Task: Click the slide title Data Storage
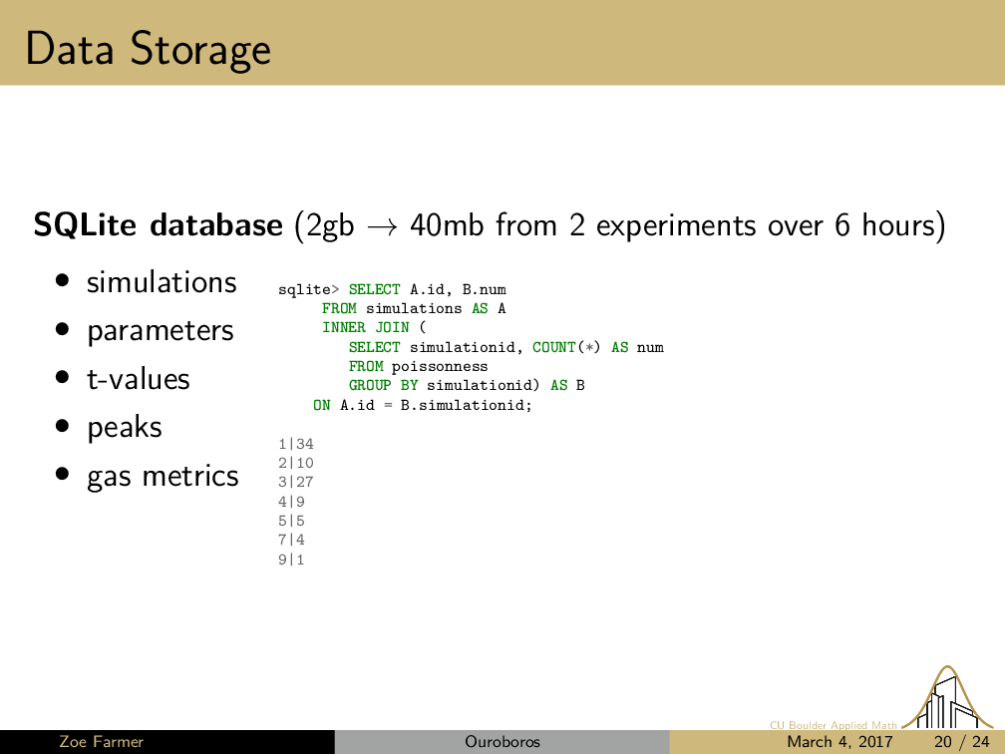pos(148,50)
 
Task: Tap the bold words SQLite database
pos(158,225)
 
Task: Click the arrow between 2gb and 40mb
pos(382,226)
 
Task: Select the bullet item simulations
pos(162,282)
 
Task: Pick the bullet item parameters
pos(161,331)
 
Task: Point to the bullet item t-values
pos(139,379)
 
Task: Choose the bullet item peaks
pos(125,428)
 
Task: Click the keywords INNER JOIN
pos(365,327)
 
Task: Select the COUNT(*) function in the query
pos(566,347)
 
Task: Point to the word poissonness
pos(440,367)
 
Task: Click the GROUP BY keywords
pos(383,385)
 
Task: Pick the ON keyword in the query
pos(322,405)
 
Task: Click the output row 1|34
pos(296,444)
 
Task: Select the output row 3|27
pos(296,482)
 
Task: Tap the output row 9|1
pos(291,560)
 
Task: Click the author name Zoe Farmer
pos(102,742)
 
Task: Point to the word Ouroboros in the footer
pos(502,742)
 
